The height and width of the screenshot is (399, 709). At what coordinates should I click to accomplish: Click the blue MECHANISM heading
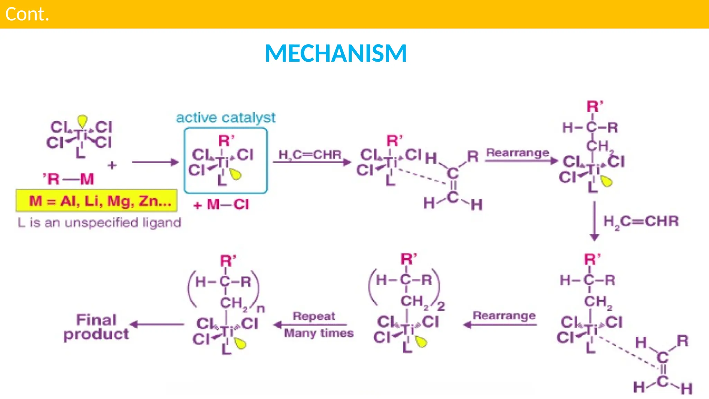pyautogui.click(x=335, y=53)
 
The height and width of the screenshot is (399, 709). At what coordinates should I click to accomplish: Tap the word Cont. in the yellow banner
pyautogui.click(x=27, y=14)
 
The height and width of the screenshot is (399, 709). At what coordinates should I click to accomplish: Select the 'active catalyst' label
pyautogui.click(x=226, y=118)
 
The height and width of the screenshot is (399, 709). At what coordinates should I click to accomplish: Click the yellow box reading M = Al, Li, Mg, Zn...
pyautogui.click(x=97, y=201)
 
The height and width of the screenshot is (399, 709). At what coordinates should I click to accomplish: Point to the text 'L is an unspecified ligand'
pyautogui.click(x=99, y=222)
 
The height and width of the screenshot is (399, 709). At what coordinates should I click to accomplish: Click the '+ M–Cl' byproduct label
pyautogui.click(x=221, y=204)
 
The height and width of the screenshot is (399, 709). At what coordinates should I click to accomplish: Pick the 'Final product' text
pyautogui.click(x=96, y=327)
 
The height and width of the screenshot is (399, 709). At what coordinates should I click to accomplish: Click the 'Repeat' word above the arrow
pyautogui.click(x=314, y=316)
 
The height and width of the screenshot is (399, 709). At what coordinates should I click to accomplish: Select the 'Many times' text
pyautogui.click(x=319, y=333)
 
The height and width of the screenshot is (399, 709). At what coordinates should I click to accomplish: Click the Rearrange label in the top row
pyautogui.click(x=518, y=152)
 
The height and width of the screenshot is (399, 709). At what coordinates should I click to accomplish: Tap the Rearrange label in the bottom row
pyautogui.click(x=504, y=315)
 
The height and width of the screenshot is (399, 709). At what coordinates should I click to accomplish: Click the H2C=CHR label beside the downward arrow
pyautogui.click(x=641, y=221)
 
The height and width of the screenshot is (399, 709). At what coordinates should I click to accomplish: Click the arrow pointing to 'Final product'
pyautogui.click(x=158, y=325)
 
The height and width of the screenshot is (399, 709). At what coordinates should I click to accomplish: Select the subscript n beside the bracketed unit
pyautogui.click(x=261, y=308)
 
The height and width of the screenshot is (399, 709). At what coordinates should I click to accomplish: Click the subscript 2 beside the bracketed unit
pyautogui.click(x=441, y=306)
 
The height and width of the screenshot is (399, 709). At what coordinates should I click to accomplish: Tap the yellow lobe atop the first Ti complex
pyautogui.click(x=82, y=121)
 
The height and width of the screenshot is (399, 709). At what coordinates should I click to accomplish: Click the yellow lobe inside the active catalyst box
pyautogui.click(x=236, y=175)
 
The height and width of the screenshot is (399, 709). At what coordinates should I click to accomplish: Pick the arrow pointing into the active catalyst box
pyautogui.click(x=155, y=162)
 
